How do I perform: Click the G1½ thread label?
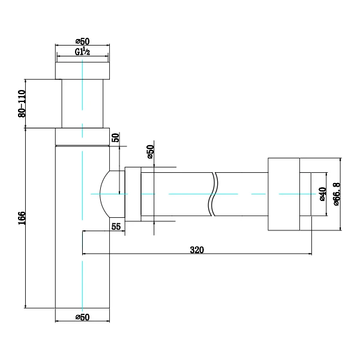[x=83, y=52]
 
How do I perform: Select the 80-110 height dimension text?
[x=22, y=103]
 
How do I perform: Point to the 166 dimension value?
[x=22, y=217]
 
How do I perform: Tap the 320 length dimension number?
[x=196, y=250]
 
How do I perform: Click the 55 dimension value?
[x=116, y=226]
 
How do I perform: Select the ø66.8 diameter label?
[x=337, y=193]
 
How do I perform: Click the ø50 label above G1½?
[x=83, y=41]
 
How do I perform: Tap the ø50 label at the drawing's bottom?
[x=82, y=317]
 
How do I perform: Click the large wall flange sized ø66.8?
[x=283, y=194]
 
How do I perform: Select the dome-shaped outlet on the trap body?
[x=112, y=194]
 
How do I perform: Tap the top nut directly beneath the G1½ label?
[x=83, y=71]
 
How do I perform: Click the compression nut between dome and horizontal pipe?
[x=132, y=194]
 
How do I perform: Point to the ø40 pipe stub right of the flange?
[x=305, y=194]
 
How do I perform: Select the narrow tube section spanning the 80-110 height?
[x=83, y=103]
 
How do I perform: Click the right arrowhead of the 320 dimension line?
[x=308, y=253]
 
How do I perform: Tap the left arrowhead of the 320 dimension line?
[x=85, y=253]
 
